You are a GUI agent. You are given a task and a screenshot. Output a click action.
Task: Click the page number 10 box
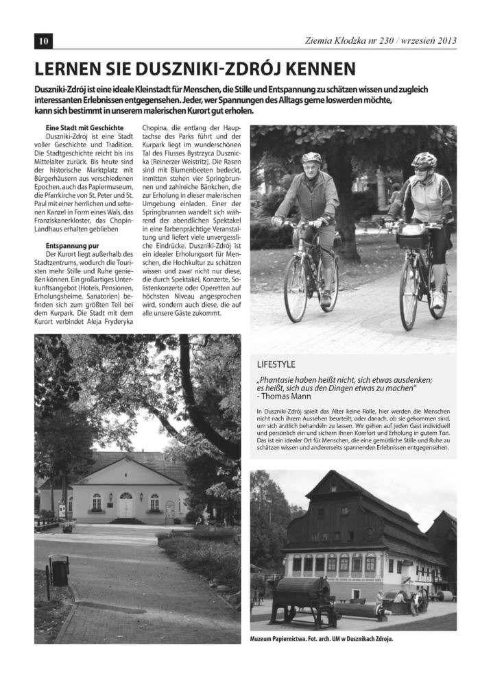point(43,41)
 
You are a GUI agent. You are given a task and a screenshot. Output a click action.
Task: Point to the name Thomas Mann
point(286,396)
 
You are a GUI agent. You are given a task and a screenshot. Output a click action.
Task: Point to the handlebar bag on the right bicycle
point(412,237)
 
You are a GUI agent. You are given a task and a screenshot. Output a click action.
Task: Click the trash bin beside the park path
point(60,570)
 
